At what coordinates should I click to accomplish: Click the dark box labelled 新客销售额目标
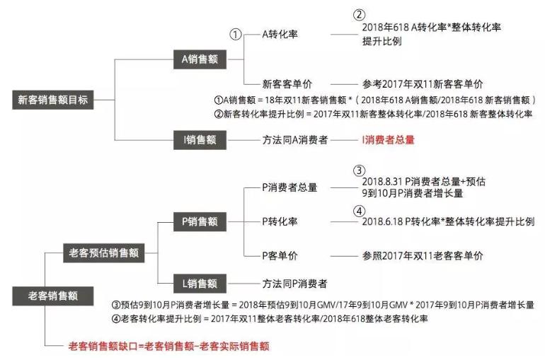tap(54, 100)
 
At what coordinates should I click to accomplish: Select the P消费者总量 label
tap(289, 187)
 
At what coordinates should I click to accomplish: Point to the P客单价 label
tap(280, 255)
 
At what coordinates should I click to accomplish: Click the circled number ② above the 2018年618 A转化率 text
tap(360, 15)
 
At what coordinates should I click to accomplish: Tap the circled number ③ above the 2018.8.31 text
tap(360, 170)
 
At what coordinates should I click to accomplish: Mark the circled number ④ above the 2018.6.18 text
tap(360, 210)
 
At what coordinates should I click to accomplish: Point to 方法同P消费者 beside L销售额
tap(294, 284)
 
